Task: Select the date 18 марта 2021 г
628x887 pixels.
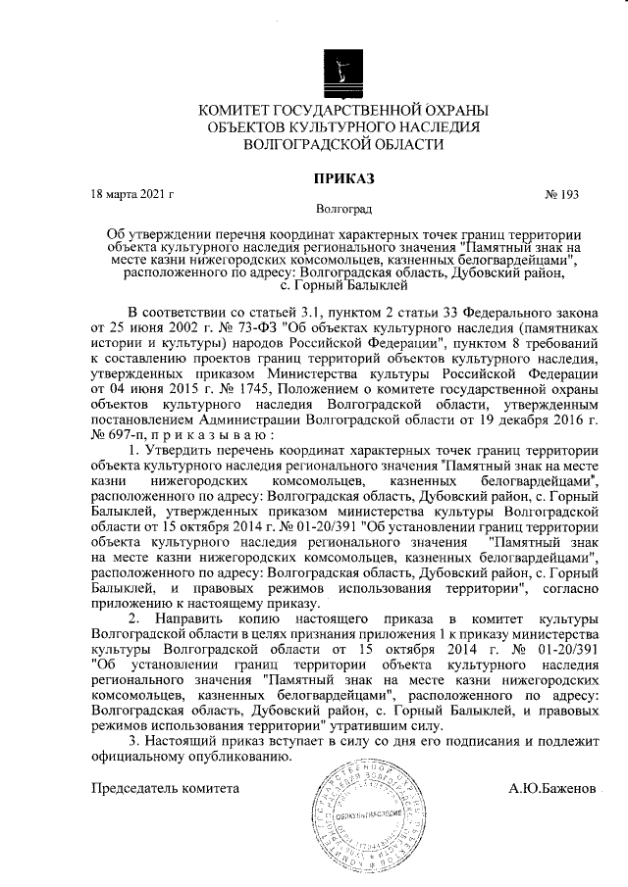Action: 131,194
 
